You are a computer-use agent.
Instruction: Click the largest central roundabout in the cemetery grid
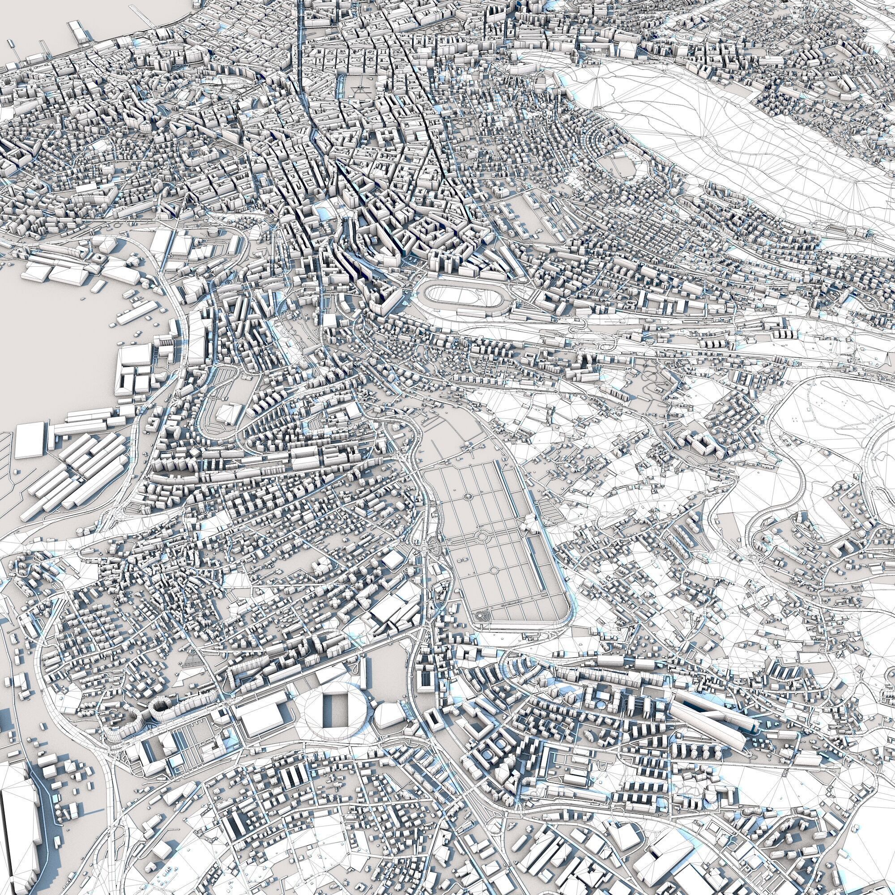(483, 536)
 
